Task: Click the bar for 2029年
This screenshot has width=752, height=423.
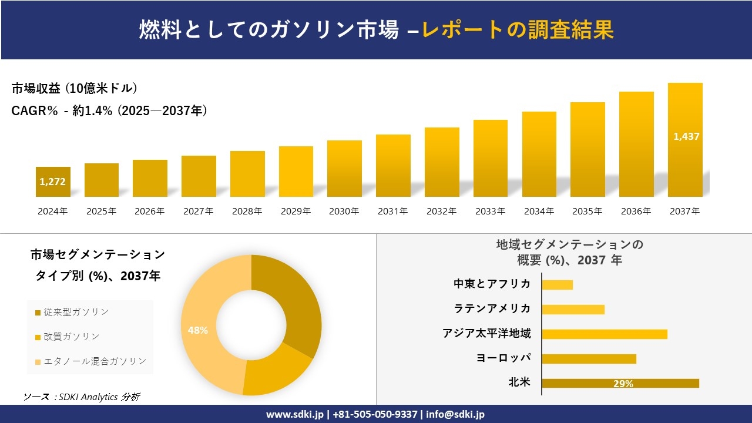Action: (x=296, y=172)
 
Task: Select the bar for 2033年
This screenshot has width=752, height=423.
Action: (x=490, y=159)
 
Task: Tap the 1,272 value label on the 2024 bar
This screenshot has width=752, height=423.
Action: (x=53, y=182)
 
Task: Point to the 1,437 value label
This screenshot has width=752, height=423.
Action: (x=686, y=136)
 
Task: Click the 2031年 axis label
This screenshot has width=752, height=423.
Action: (x=392, y=211)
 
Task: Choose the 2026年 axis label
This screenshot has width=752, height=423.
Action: (x=150, y=211)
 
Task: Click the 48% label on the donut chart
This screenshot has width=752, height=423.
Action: (x=198, y=330)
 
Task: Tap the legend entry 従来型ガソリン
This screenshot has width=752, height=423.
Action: (x=72, y=312)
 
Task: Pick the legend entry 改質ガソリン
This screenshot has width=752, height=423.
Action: (x=67, y=337)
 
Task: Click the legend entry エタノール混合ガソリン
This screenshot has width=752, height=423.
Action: (x=90, y=361)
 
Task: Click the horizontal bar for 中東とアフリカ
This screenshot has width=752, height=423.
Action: (x=557, y=285)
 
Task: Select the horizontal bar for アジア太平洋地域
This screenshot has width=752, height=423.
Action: (x=604, y=334)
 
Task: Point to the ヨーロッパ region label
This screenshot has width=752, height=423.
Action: (x=503, y=358)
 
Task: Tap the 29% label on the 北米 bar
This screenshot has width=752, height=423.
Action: (x=623, y=384)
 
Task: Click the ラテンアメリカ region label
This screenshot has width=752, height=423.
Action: (x=492, y=308)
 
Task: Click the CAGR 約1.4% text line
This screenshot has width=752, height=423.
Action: (x=109, y=110)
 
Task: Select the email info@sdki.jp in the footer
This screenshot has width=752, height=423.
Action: (x=455, y=414)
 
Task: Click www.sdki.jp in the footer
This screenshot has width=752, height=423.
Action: (x=294, y=414)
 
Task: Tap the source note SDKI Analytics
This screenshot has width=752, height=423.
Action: (x=82, y=397)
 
